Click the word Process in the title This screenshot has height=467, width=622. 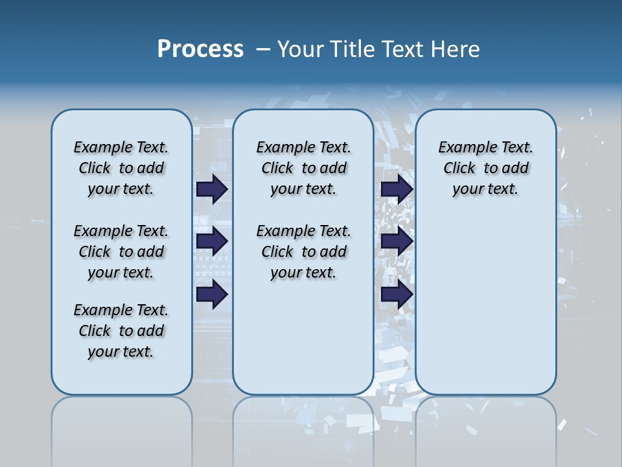pos(200,49)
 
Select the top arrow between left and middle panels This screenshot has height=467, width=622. pos(212,189)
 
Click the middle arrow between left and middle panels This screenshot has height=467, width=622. pos(212,241)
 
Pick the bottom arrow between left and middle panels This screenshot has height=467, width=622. pos(212,294)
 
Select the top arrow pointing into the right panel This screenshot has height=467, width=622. pos(397,189)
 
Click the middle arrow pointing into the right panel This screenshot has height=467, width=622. pos(397,241)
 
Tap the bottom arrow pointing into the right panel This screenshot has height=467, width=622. pos(397,294)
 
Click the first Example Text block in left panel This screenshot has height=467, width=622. pos(121,168)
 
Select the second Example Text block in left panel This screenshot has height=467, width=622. pos(121,252)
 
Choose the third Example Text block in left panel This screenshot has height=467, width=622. pos(121,331)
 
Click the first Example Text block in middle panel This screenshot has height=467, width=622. pos(303,168)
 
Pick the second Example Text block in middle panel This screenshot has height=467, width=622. pos(303,252)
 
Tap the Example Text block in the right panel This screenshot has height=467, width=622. pos(485,168)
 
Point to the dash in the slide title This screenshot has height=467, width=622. pos(263,49)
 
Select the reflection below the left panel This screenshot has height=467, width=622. pos(121,428)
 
